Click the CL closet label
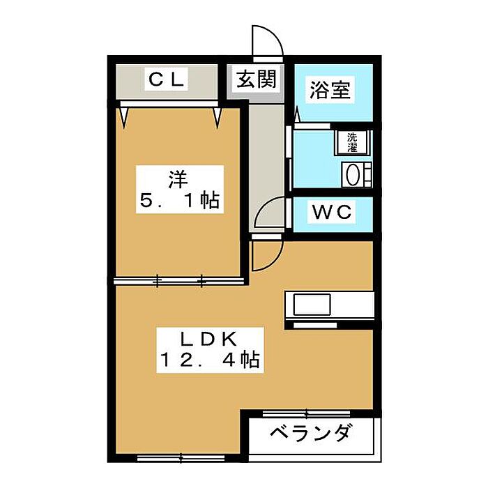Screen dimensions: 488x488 point(166,81)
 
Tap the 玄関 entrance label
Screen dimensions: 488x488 point(255,80)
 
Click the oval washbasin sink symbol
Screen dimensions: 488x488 point(353,173)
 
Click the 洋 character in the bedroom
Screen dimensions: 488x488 point(178,178)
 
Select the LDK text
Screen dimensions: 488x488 point(209,340)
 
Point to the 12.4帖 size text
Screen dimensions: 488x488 point(209,361)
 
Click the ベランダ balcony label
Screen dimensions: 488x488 point(310,434)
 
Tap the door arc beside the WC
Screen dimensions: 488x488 point(270,213)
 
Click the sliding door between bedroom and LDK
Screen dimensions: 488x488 point(180,281)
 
